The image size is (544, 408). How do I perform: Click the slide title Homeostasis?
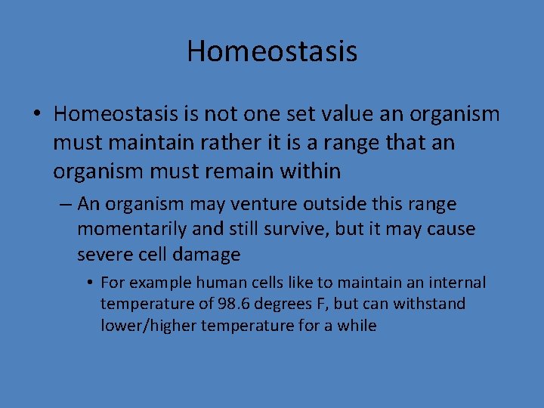tap(272, 51)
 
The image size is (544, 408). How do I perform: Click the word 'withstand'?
tap(431, 304)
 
